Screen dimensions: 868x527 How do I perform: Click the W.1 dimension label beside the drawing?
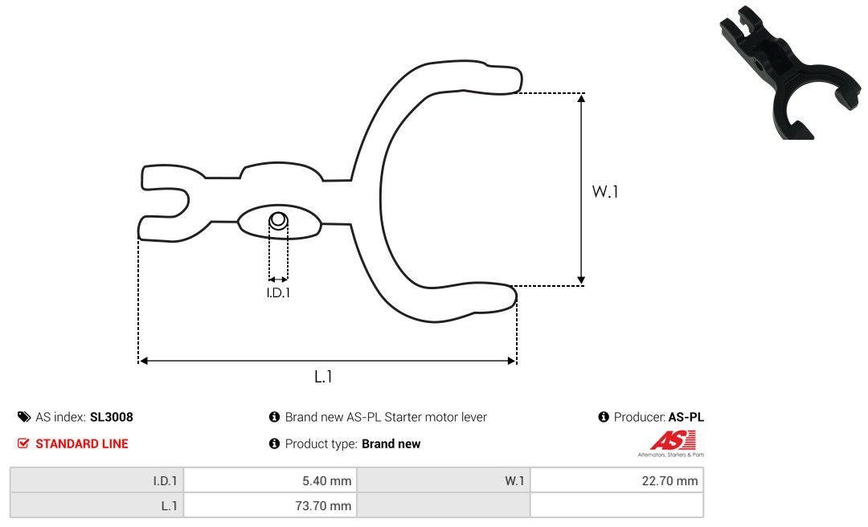(x=605, y=191)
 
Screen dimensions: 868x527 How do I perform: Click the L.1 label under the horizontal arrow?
(x=323, y=377)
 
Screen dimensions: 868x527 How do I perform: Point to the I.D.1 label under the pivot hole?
(x=278, y=292)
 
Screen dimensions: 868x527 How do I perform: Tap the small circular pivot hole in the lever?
(x=278, y=220)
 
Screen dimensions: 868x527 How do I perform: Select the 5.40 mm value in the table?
(x=326, y=481)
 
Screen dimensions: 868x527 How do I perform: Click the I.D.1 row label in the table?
(x=165, y=481)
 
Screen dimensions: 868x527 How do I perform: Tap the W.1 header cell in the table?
(x=514, y=481)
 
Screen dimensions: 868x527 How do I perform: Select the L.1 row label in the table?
(x=170, y=506)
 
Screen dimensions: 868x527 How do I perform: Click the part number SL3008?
(x=111, y=418)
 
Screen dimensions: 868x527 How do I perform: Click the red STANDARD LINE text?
(x=82, y=444)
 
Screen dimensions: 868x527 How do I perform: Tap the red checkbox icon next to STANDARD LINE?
(x=23, y=443)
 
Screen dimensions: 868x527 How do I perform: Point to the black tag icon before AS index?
(x=24, y=417)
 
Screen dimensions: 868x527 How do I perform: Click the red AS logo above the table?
(x=672, y=441)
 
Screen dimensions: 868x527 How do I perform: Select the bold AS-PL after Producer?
(x=686, y=418)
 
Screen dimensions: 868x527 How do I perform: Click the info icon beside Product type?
(x=274, y=443)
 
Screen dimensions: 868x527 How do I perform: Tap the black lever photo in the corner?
(x=790, y=72)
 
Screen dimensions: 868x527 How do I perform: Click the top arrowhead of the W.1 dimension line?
(x=581, y=99)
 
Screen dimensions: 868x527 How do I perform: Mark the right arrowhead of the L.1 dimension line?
(x=511, y=361)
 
